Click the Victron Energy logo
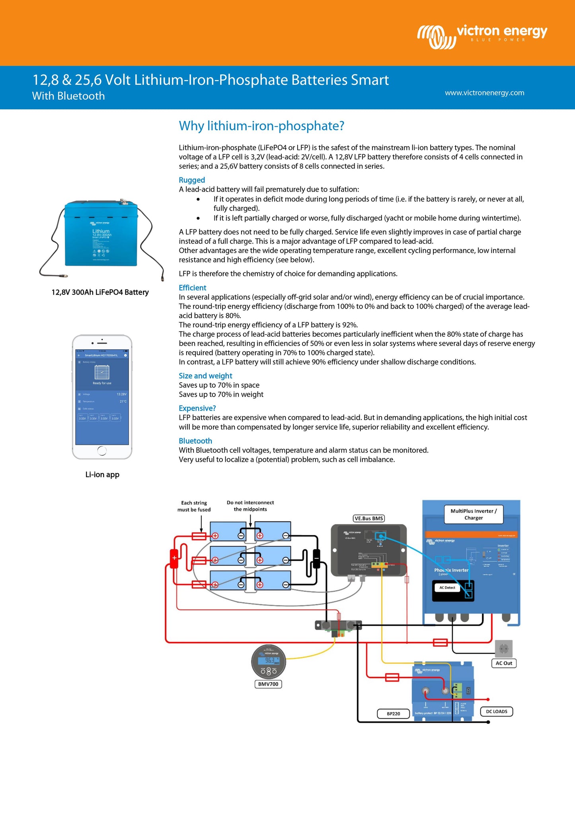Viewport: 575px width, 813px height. [482, 36]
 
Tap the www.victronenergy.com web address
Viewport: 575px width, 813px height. [484, 93]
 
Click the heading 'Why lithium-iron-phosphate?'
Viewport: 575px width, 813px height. [261, 126]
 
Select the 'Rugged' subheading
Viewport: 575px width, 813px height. [192, 180]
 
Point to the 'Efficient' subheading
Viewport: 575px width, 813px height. [193, 288]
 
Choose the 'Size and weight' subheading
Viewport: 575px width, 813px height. [205, 376]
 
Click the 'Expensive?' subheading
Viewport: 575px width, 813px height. [197, 408]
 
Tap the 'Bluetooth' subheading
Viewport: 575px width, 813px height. [195, 441]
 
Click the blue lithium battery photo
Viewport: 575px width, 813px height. [101, 235]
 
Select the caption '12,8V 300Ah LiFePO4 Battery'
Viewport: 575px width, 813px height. [100, 292]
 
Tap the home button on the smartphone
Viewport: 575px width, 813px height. [102, 451]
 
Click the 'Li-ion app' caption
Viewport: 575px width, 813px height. [102, 475]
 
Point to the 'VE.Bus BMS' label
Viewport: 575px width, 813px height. [369, 518]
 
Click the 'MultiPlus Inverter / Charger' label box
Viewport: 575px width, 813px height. [474, 514]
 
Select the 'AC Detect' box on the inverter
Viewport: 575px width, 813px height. [447, 587]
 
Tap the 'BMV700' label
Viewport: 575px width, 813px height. [268, 684]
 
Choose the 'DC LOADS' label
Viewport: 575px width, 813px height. [497, 712]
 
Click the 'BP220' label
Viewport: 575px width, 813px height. [394, 714]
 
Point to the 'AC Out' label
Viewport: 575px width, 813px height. [504, 663]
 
